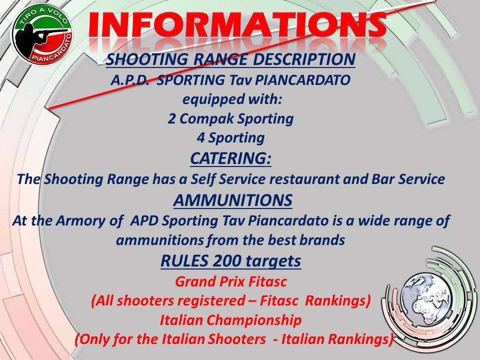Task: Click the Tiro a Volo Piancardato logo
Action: pyautogui.click(x=42, y=33)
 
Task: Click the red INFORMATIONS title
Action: pyautogui.click(x=237, y=25)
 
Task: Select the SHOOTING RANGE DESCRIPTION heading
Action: pyautogui.click(x=230, y=59)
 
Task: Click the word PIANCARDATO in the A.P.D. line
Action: pyautogui.click(x=303, y=80)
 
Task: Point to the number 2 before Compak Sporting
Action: pyautogui.click(x=171, y=119)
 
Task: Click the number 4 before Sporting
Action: pyautogui.click(x=200, y=138)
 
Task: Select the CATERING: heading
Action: pyautogui.click(x=230, y=158)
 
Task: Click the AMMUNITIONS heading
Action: pyautogui.click(x=232, y=200)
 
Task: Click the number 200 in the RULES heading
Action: pyautogui.click(x=227, y=261)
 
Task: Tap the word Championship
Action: pyautogui.click(x=253, y=320)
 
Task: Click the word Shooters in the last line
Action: pyautogui.click(x=237, y=339)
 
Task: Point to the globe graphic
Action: pyautogui.click(x=426, y=300)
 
